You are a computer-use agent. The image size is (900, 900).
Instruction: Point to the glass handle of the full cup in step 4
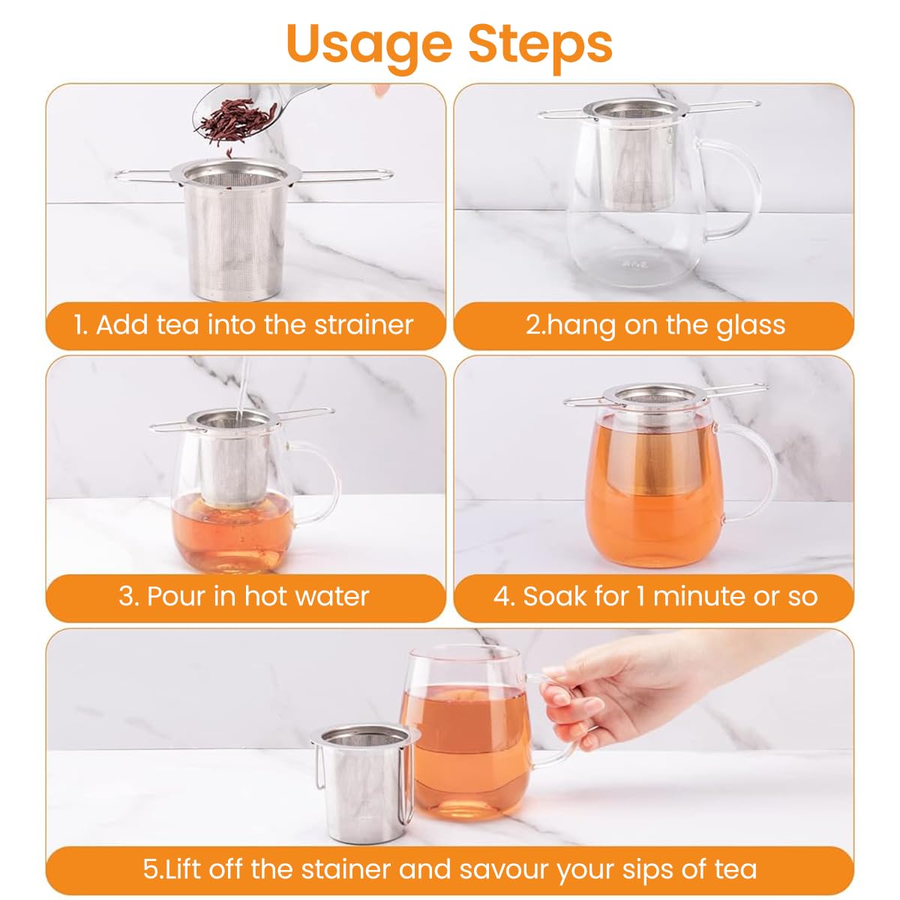tap(754, 480)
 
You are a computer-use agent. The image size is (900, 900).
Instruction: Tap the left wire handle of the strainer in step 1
tap(146, 175)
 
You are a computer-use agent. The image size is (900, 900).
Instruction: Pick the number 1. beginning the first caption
tap(81, 325)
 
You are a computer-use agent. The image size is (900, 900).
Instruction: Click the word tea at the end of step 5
tap(735, 869)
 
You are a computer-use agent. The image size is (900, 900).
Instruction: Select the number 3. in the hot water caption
tap(128, 596)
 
